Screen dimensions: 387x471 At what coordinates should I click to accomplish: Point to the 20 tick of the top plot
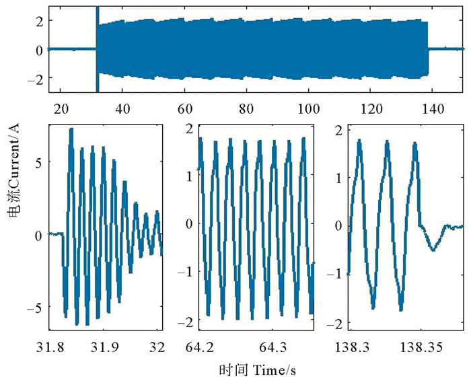tap(61, 108)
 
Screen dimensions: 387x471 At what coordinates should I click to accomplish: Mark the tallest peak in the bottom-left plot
tap(71, 129)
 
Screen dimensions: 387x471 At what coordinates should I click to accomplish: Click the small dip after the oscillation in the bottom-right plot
tap(433, 250)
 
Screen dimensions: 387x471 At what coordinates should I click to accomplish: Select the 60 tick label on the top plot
tap(185, 108)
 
